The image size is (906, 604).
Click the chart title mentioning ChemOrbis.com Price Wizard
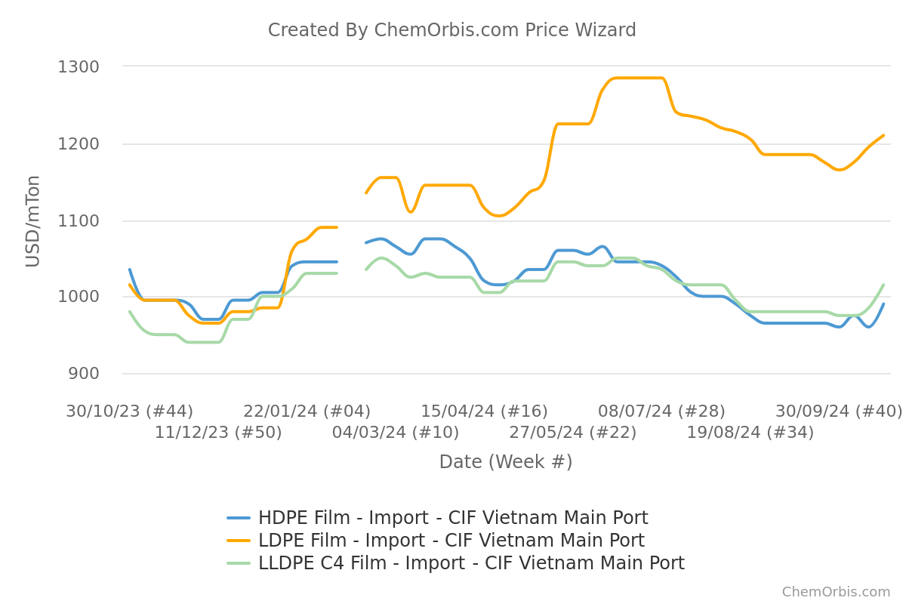pos(451,30)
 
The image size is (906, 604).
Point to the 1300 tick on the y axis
pos(79,67)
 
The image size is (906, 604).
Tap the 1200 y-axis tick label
pos(79,144)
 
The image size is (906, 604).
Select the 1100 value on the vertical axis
pos(79,221)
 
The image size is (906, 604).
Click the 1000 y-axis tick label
pos(79,297)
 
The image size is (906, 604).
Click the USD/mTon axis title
pos(33,220)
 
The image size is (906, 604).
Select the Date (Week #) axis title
pos(505,462)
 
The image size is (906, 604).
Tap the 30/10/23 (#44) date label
pos(129,411)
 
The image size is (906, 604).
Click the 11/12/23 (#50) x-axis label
pos(218,433)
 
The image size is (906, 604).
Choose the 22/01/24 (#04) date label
pos(307,411)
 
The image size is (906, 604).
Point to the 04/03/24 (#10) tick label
pos(396,433)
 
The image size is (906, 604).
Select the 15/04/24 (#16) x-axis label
pos(484,411)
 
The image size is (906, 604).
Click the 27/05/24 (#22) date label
pos(572,433)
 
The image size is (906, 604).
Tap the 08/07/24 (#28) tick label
pos(661,411)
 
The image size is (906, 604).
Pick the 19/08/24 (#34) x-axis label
pos(750,433)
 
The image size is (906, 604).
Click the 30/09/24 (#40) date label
pos(838,411)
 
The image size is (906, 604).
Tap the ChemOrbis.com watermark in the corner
pos(836,592)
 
